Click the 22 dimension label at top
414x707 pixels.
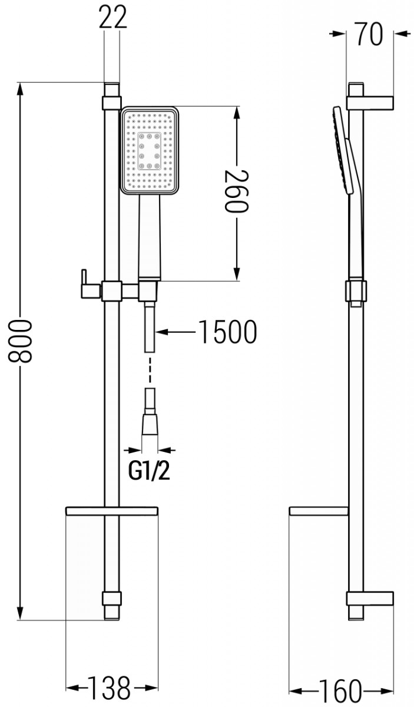point(112,18)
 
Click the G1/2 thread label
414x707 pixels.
point(149,471)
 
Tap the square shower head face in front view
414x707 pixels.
point(150,150)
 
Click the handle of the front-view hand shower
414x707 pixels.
point(150,236)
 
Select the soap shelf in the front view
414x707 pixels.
point(111,510)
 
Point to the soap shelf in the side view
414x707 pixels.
point(319,510)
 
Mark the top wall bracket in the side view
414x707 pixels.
point(370,102)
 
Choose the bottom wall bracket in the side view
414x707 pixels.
point(369,599)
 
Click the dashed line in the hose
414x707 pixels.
point(150,371)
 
